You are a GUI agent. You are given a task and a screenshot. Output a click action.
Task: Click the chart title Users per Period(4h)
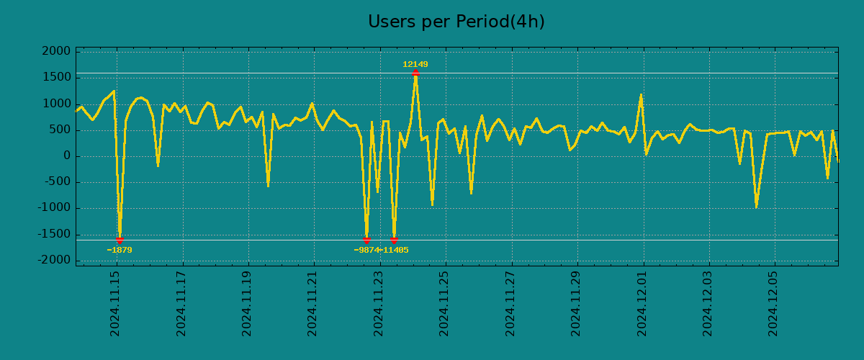(456, 22)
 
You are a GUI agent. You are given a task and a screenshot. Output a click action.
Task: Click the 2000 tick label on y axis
(56, 52)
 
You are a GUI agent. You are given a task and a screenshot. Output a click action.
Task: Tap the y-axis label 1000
(56, 104)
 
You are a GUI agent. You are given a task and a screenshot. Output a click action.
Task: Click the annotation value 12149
(415, 65)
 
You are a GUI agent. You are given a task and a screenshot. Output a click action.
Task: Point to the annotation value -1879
(120, 251)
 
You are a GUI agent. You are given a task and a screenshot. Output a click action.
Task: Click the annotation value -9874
(366, 251)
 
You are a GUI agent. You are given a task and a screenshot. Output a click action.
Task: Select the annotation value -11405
(395, 251)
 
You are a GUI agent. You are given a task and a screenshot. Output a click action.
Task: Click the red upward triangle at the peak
(415, 73)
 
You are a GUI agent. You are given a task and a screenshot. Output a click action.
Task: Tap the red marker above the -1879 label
(120, 240)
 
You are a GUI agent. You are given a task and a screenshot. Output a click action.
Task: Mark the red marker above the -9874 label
(366, 240)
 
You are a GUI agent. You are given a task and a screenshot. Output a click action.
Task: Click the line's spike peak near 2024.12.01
(641, 94)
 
